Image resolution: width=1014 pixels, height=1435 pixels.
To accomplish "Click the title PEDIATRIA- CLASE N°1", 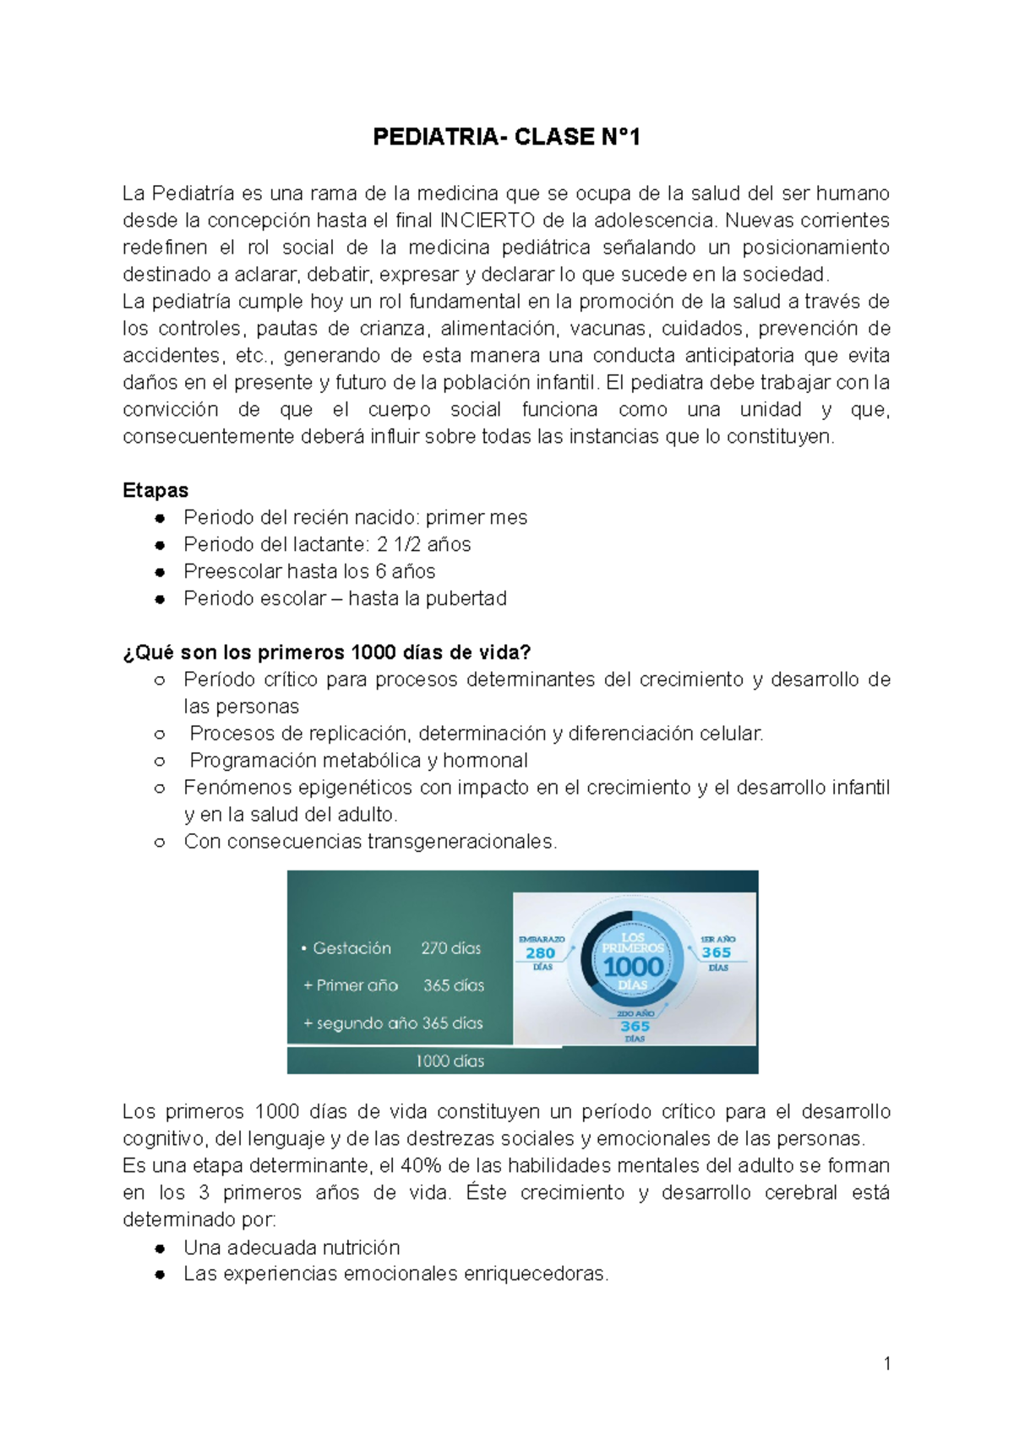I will [x=506, y=137].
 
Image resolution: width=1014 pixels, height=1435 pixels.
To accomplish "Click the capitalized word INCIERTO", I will [x=488, y=221].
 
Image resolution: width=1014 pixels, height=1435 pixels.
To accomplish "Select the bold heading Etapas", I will [x=155, y=490].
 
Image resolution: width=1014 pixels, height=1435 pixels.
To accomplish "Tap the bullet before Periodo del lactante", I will [x=160, y=545].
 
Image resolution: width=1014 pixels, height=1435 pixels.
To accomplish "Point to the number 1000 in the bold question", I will [x=373, y=652].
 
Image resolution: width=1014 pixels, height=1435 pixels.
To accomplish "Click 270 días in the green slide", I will [x=450, y=948].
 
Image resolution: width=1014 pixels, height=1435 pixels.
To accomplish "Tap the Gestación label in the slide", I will [x=352, y=948].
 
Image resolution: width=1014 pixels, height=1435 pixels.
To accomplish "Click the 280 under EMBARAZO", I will [x=541, y=953].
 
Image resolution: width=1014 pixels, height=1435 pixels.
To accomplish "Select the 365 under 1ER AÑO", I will [x=717, y=952].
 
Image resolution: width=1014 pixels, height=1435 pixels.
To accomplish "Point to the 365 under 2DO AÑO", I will [x=635, y=1026].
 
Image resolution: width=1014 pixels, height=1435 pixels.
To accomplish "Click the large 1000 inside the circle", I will [x=633, y=966].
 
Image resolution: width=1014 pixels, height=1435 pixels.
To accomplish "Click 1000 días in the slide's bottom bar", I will [x=450, y=1061].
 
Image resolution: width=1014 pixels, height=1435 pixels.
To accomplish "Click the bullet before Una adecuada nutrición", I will [x=160, y=1248].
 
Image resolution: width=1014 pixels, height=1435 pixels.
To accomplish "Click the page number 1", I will [x=886, y=1363].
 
